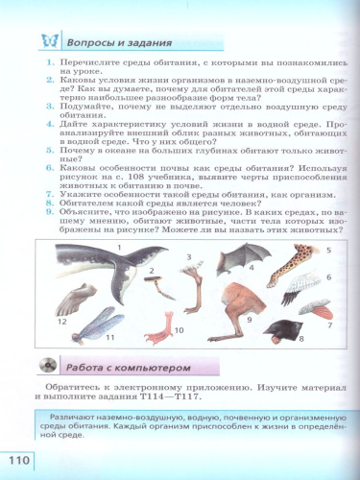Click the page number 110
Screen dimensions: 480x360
(x=20, y=458)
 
